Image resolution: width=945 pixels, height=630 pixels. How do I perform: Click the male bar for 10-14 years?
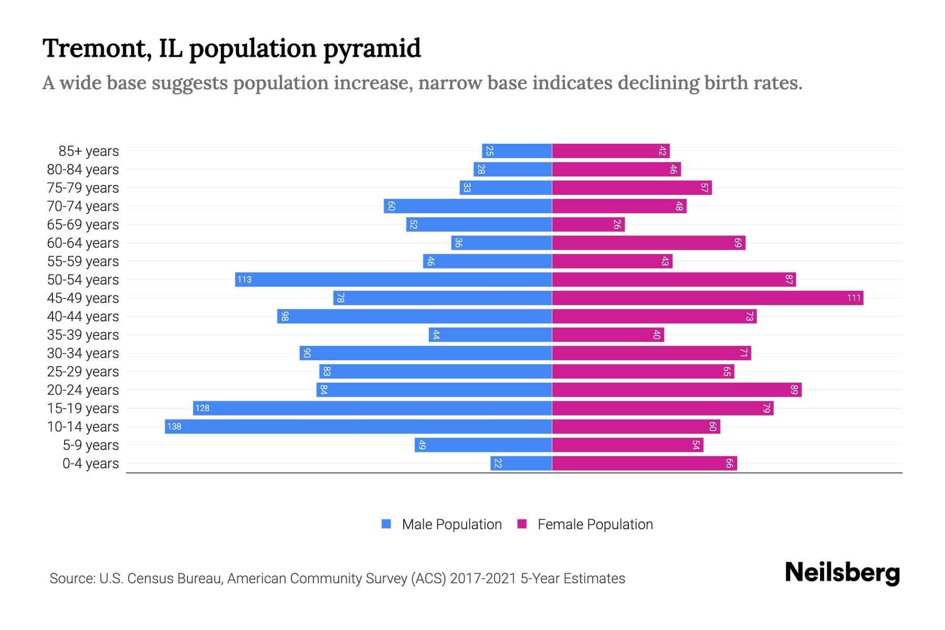358,426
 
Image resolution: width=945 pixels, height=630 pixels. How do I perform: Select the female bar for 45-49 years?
707,298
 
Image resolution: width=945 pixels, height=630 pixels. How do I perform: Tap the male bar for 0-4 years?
521,464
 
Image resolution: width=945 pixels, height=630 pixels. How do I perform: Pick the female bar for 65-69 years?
588,225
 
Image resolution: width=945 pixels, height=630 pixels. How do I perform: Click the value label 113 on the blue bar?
244,280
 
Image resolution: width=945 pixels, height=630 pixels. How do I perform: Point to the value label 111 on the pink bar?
854,298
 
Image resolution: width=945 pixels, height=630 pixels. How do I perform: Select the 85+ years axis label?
88,151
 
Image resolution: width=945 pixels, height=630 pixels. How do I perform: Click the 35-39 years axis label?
83,335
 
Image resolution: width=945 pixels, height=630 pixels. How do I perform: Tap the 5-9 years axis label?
90,445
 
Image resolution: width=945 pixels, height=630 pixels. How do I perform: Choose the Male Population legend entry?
451,524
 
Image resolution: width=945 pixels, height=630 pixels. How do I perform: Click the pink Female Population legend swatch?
522,524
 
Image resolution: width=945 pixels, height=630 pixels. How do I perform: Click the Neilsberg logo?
842,573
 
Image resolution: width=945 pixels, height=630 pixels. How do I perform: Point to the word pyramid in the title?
372,49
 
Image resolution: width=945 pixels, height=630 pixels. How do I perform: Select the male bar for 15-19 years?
372,408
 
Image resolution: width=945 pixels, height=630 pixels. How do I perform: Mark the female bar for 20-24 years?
676,390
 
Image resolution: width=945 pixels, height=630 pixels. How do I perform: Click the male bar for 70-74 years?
467,206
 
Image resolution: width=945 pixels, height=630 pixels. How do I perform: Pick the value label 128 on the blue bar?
202,408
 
